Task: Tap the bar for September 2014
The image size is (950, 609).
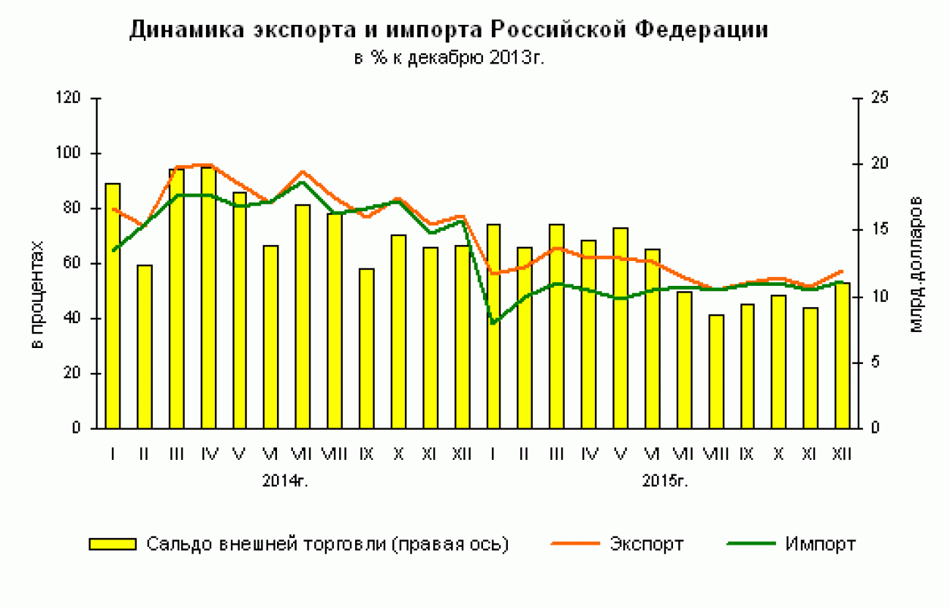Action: tap(367, 348)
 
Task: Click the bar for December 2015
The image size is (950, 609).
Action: tap(843, 355)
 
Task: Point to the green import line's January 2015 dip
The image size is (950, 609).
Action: tap(495, 322)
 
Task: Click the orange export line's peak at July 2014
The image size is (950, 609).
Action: tap(303, 172)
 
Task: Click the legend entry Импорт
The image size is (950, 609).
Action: tap(821, 544)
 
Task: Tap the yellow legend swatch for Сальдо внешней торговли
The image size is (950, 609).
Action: tap(113, 544)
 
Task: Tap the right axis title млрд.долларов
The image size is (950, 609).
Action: tap(917, 264)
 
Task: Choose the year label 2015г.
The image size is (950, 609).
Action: tap(666, 481)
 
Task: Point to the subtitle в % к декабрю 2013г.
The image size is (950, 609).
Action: tap(449, 58)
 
